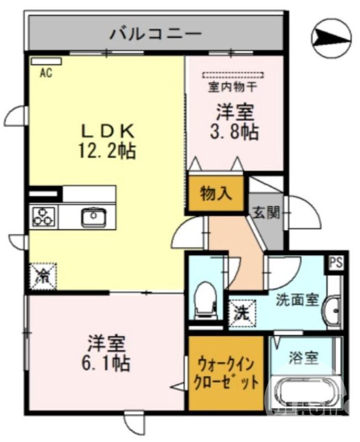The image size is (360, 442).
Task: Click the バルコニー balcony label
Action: (155, 33)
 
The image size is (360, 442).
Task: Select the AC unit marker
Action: (46, 61)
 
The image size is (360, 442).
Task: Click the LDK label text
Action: (108, 131)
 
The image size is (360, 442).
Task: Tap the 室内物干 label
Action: (232, 87)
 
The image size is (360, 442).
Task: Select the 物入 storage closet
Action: (216, 193)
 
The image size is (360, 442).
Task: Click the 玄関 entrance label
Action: (267, 213)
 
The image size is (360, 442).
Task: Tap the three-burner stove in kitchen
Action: (44, 216)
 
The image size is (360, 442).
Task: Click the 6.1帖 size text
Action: (108, 363)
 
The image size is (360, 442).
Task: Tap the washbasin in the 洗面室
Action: (334, 310)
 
